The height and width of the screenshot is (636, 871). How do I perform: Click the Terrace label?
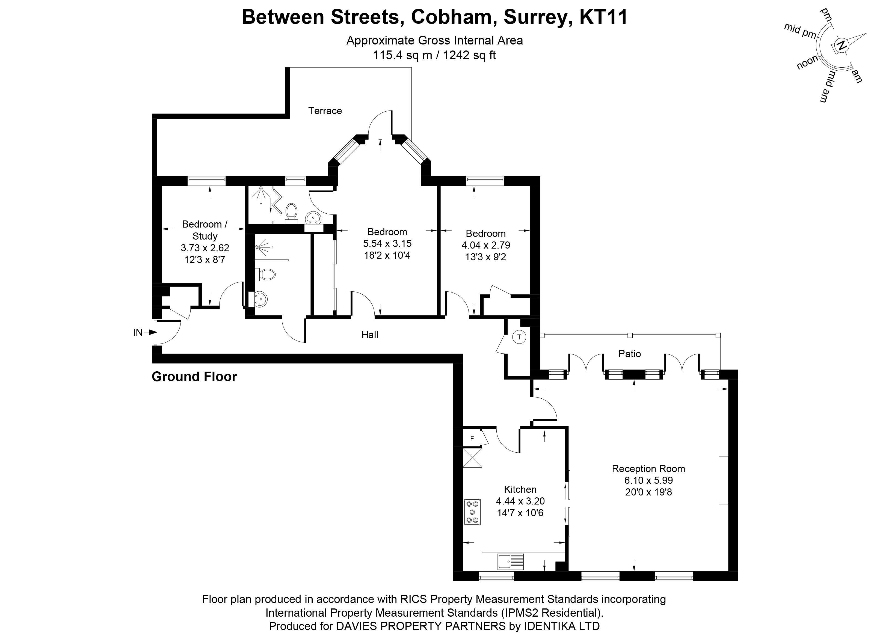[325, 111]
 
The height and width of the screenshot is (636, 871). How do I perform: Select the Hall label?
[369, 335]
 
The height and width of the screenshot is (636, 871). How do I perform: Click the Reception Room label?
[648, 468]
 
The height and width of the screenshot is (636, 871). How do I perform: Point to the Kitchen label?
[520, 489]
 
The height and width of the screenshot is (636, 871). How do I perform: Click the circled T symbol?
[519, 337]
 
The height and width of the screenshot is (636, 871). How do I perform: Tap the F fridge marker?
[472, 438]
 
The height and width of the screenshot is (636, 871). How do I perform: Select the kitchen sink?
[510, 561]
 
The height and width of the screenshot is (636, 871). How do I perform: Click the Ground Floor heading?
[194, 377]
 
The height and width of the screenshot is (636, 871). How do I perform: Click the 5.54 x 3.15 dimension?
[387, 243]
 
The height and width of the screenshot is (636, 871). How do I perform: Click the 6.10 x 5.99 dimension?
[649, 480]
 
